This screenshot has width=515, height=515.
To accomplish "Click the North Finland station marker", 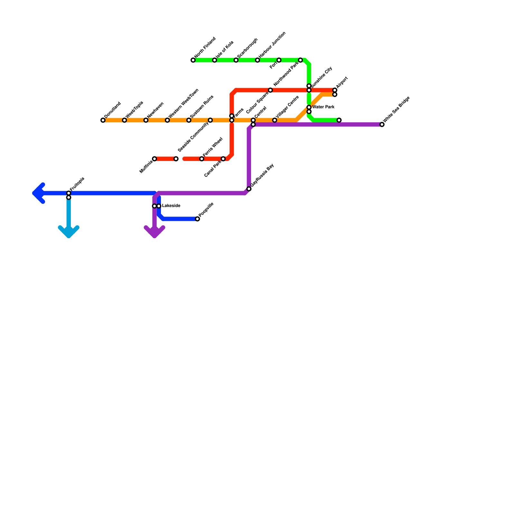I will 193,60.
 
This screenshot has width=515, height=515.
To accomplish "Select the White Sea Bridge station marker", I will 382,125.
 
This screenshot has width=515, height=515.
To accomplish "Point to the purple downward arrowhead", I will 154,233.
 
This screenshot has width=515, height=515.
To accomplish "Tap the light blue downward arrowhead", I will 69,233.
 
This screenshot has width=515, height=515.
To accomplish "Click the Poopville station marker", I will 197,219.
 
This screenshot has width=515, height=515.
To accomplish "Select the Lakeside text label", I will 171,206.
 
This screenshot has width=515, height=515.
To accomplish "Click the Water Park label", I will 323,107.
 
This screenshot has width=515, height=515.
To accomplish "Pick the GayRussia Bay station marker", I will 249,189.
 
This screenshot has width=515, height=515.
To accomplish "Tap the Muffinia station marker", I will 154,159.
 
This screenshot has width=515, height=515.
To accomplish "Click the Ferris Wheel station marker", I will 201,159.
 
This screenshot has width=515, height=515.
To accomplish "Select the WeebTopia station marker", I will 124,120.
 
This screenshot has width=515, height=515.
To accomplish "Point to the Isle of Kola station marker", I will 214,60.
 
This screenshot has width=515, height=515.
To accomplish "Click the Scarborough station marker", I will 236,60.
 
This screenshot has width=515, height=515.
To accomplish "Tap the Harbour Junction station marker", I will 257,60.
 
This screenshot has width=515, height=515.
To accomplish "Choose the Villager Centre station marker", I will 275,120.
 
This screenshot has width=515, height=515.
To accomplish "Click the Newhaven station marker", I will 146,120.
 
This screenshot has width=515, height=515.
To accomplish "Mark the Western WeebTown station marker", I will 167,120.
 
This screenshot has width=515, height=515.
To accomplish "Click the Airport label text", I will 342,83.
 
